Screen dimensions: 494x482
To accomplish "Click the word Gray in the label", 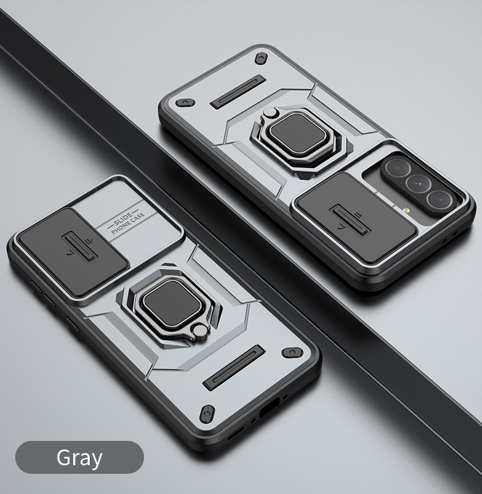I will click(79, 457).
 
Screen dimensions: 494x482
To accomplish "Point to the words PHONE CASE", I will click(128, 230).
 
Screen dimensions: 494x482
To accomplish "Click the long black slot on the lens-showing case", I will click(238, 92).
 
